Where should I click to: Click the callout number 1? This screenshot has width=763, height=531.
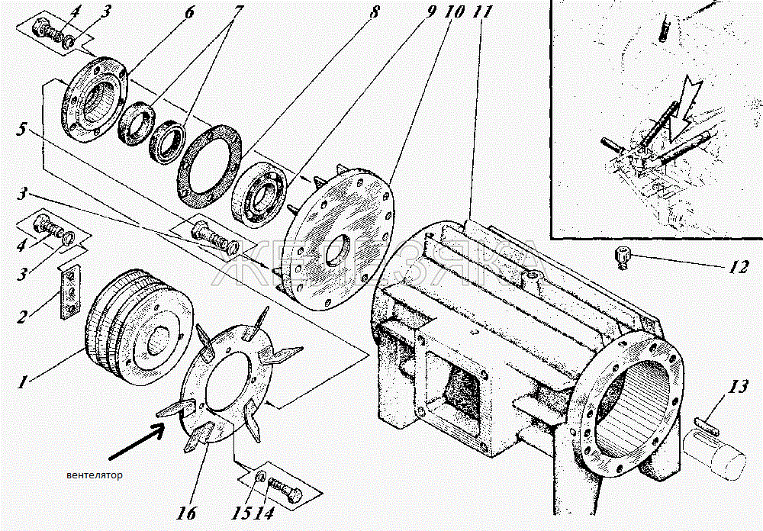click(22, 382)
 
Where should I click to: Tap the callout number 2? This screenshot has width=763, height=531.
click(22, 317)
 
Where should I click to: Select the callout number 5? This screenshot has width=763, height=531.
click(21, 129)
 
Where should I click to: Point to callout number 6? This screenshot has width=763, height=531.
click(188, 11)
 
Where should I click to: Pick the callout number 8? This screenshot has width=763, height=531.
click(374, 11)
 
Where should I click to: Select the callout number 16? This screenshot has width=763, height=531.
click(188, 513)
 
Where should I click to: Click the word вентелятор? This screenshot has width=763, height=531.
click(95, 475)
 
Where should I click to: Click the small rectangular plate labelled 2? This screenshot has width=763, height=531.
click(71, 292)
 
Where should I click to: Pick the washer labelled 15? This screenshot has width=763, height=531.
click(260, 477)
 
